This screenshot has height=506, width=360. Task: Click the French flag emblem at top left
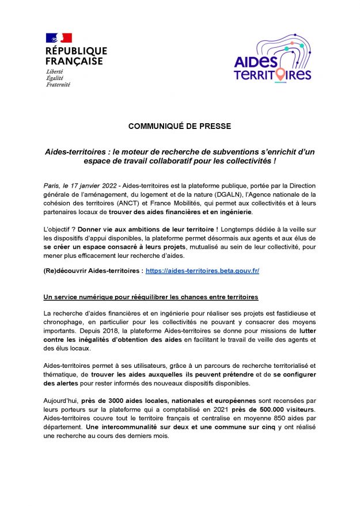[58, 38]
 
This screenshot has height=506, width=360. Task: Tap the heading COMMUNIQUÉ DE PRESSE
[180, 125]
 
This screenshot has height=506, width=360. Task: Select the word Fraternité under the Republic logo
[58, 84]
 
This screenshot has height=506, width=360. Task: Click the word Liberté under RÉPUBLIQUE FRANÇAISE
[55, 71]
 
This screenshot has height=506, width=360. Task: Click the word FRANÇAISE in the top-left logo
[74, 61]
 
